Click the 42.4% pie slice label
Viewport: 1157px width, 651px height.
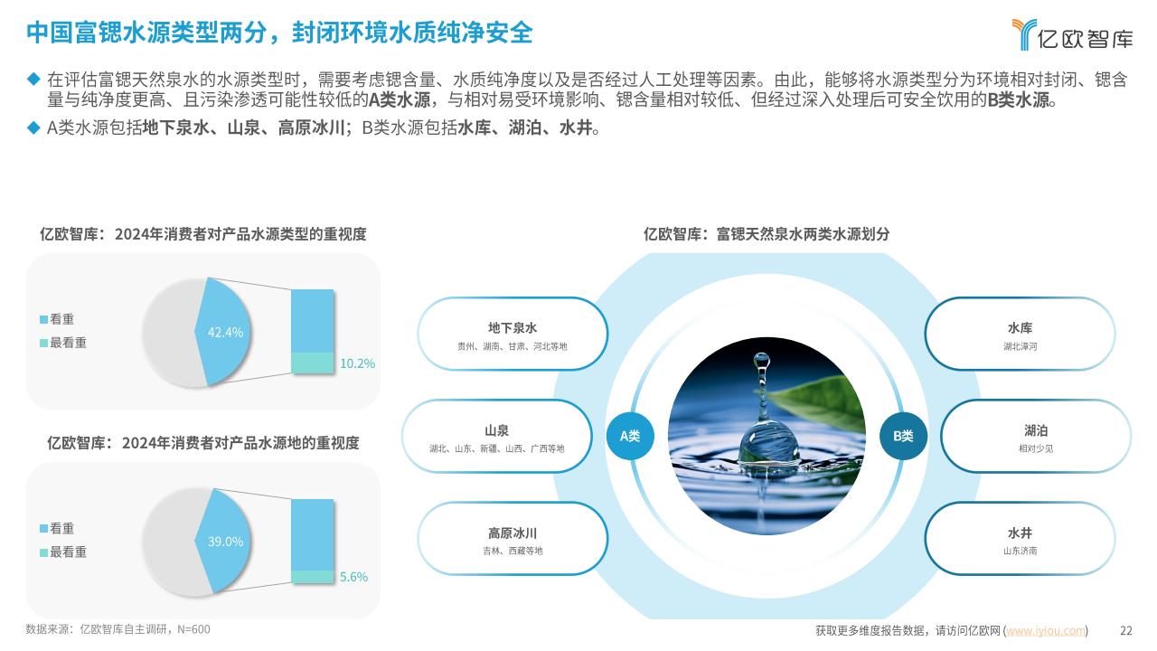coord(225,332)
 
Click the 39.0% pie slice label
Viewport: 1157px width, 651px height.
coord(225,542)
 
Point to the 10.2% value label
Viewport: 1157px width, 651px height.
coord(357,363)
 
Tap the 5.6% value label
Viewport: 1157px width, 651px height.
coord(353,577)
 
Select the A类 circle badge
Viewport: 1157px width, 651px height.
coord(630,436)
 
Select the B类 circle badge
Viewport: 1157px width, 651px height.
coord(903,436)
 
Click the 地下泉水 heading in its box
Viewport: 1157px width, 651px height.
coord(513,327)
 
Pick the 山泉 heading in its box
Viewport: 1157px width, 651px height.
coord(497,430)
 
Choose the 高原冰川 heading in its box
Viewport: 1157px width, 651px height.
coord(513,533)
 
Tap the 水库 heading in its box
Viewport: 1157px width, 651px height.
coord(1021,327)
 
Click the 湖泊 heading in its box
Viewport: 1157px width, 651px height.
coord(1036,430)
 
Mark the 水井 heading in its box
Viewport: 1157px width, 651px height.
coord(1021,533)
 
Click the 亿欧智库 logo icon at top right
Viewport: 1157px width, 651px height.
coord(1024,34)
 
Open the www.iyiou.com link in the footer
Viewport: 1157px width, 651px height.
coord(1046,630)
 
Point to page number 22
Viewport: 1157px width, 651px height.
coord(1126,630)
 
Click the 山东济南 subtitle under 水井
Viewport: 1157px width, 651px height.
coord(1021,551)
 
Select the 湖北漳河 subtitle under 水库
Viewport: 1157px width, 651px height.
coord(1021,346)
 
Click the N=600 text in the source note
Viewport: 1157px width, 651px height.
coord(193,629)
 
